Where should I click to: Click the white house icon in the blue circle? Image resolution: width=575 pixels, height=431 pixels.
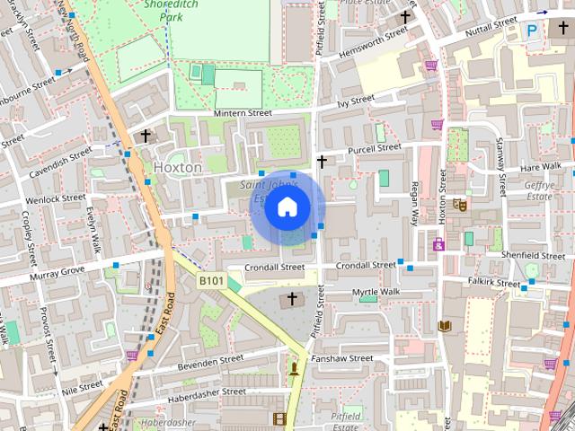286,207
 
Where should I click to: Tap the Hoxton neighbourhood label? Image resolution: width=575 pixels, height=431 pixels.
178,167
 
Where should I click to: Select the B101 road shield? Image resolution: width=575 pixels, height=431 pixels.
211,281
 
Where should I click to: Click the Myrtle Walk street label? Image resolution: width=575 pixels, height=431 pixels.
376,293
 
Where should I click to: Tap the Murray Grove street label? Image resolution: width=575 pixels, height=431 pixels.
56,270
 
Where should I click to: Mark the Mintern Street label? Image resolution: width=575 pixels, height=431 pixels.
243,113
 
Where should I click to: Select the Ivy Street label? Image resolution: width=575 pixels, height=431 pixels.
355,101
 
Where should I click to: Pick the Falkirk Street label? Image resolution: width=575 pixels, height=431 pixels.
494,282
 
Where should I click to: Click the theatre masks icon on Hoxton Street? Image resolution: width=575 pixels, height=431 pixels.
459,204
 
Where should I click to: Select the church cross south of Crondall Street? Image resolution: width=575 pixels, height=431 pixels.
291,299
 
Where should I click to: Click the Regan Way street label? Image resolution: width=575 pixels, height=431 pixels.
414,202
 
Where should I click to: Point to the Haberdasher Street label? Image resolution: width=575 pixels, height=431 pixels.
208,391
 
